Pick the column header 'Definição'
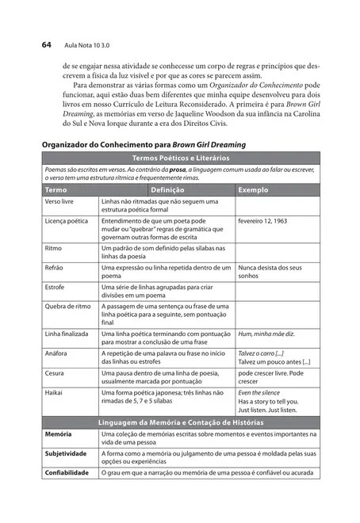pyautogui.click(x=167, y=191)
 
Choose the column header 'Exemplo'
pyautogui.click(x=254, y=191)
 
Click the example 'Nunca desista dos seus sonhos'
pyautogui.click(x=270, y=273)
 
